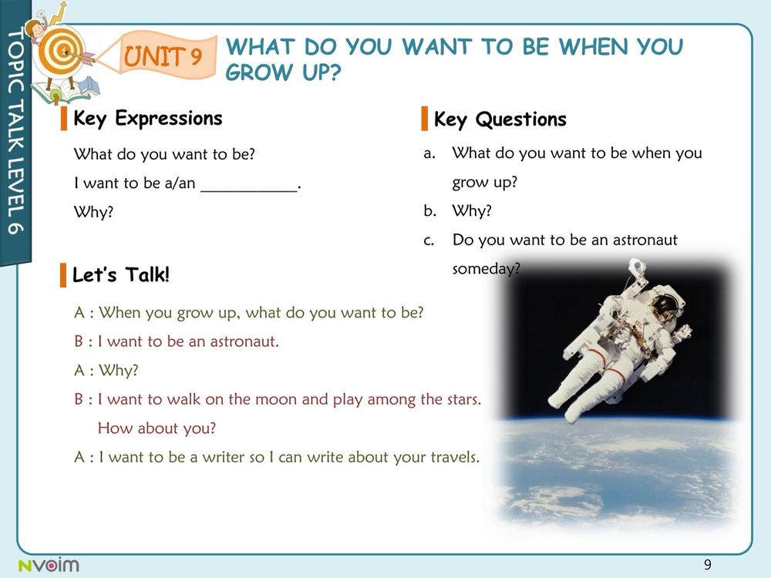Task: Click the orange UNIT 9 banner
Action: click(162, 55)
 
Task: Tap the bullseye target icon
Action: click(62, 51)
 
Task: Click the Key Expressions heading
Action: click(147, 119)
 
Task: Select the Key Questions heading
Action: click(500, 119)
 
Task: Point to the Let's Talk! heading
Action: click(121, 274)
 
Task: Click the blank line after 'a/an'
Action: click(249, 190)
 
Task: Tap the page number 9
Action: click(708, 564)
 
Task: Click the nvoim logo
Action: click(49, 565)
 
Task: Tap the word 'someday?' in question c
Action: click(486, 269)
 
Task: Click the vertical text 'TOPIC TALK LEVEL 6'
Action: click(15, 131)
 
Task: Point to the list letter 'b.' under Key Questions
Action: click(429, 211)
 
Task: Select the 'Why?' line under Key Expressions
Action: click(93, 213)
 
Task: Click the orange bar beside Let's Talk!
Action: click(63, 275)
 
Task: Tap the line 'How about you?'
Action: click(157, 428)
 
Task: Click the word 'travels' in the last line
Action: click(454, 457)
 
